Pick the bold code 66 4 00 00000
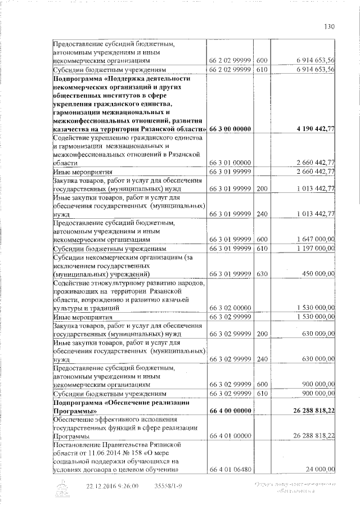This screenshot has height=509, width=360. [229, 411]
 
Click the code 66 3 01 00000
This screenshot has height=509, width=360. [229, 163]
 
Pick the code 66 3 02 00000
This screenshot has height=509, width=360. [229, 308]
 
